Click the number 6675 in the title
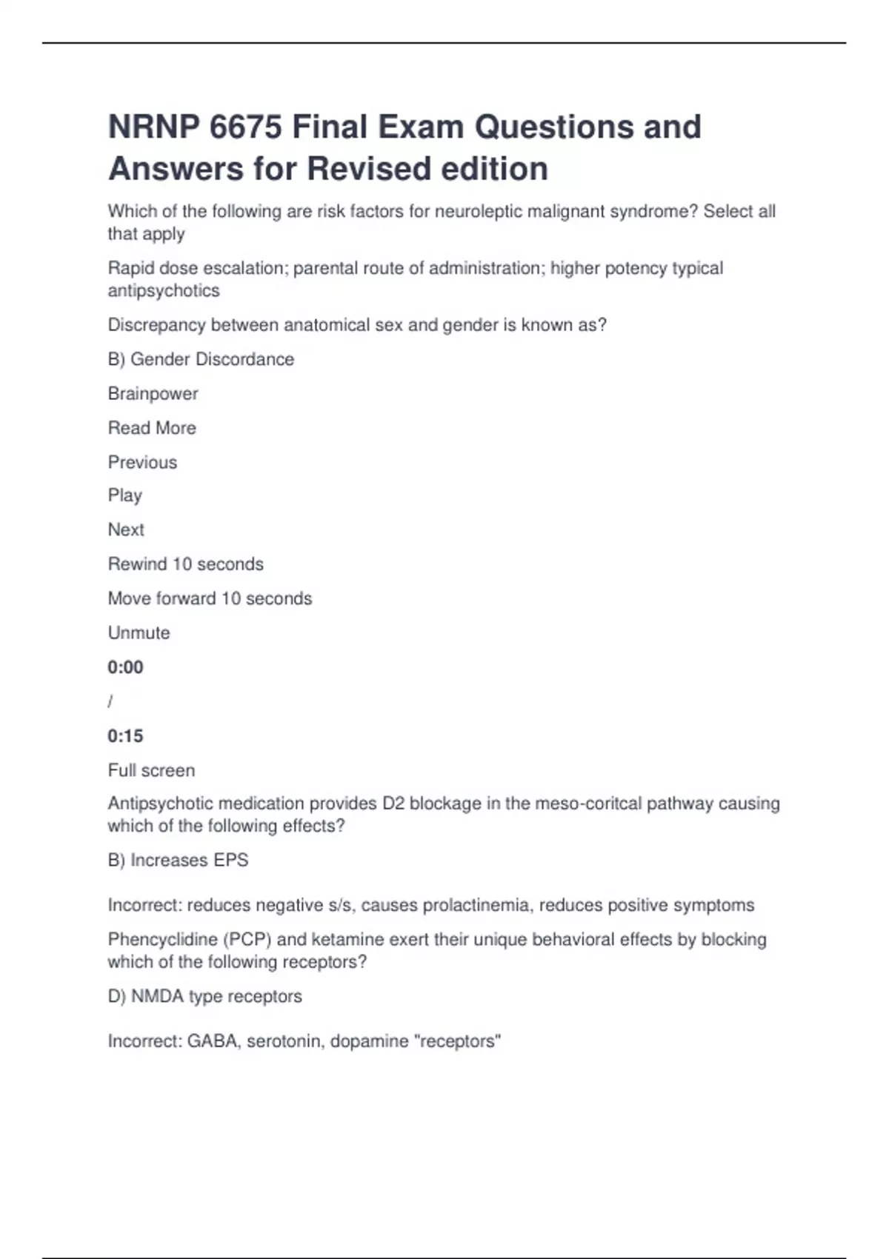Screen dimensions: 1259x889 point(245,127)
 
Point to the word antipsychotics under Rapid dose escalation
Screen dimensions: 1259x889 point(164,291)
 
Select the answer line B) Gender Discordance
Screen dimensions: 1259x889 point(201,359)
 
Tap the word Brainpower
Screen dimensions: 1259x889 point(153,394)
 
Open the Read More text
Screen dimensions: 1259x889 point(152,428)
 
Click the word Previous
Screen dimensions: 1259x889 point(142,462)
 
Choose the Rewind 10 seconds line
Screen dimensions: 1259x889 point(185,564)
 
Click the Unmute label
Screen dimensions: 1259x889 point(139,633)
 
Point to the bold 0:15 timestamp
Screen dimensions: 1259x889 point(125,736)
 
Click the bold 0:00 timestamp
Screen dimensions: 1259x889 point(125,667)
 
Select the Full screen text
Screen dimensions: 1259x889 point(151,770)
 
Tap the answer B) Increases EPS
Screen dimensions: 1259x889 point(178,861)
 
